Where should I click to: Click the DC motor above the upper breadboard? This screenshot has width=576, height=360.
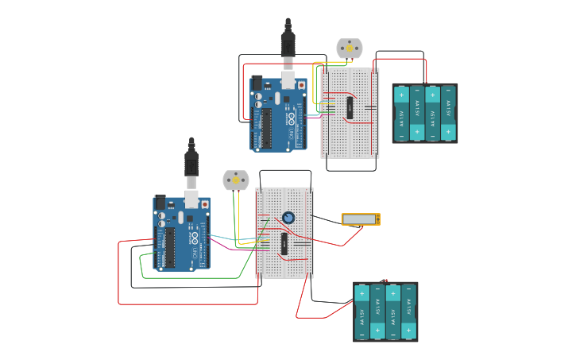click(x=349, y=48)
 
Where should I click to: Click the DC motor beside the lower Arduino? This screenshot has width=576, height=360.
click(x=235, y=180)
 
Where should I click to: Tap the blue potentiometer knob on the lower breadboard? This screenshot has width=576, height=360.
click(x=288, y=217)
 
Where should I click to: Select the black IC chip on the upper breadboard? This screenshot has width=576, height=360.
click(x=349, y=107)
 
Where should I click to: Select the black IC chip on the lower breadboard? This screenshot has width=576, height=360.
click(x=284, y=243)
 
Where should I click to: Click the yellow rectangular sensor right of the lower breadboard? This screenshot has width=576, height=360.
click(x=361, y=219)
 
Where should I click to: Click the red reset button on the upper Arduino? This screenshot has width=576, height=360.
click(x=301, y=85)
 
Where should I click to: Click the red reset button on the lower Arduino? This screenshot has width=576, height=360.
click(x=205, y=204)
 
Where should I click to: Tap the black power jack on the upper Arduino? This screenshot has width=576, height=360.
click(x=256, y=83)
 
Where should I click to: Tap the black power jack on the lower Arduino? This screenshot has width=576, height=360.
click(x=160, y=202)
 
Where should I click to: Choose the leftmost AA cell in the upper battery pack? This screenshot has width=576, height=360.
click(x=402, y=113)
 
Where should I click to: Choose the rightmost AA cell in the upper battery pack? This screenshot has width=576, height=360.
click(x=448, y=113)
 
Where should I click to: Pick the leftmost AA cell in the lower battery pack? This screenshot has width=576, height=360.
click(x=362, y=312)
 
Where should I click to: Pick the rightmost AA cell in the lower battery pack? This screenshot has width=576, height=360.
click(x=408, y=312)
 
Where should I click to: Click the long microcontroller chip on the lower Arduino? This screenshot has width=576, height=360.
click(x=168, y=248)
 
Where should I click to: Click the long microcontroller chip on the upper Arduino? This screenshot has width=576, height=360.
click(x=265, y=127)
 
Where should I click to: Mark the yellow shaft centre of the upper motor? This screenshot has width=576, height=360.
click(x=349, y=48)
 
